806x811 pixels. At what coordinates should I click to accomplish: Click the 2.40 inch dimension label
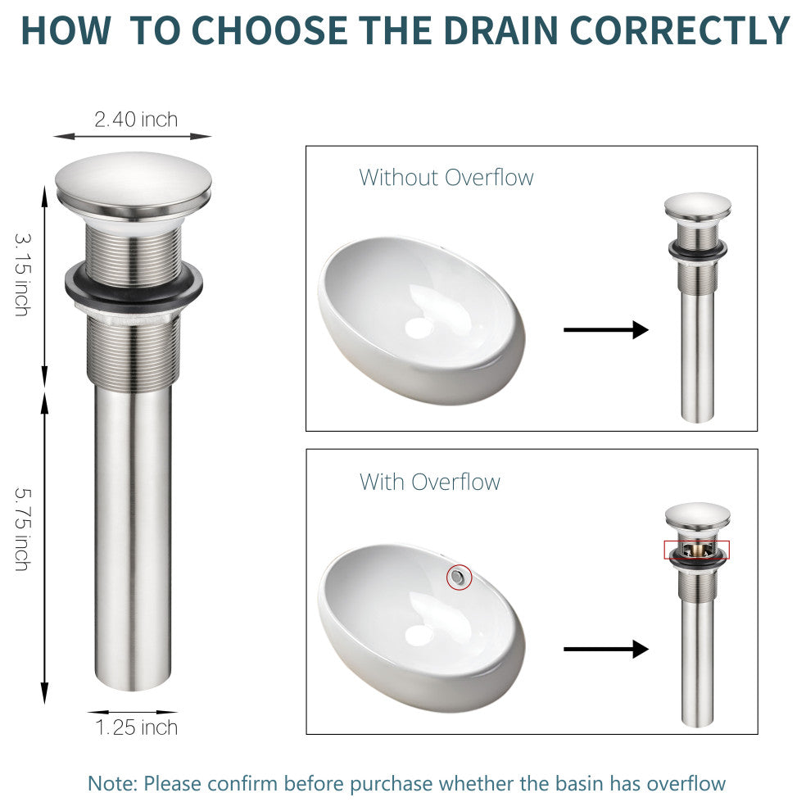[x=136, y=120]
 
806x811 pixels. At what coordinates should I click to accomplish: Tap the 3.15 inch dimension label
[x=23, y=274]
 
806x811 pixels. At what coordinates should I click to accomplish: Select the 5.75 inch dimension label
[x=23, y=528]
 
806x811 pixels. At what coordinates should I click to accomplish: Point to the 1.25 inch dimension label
[x=137, y=727]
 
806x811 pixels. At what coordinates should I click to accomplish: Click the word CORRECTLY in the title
[x=680, y=30]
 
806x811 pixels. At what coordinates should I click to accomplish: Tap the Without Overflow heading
[x=446, y=178]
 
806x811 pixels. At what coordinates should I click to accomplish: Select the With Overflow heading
[x=430, y=482]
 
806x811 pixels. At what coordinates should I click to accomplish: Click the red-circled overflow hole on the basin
[x=459, y=577]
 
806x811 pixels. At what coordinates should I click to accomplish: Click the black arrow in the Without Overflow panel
[x=606, y=329]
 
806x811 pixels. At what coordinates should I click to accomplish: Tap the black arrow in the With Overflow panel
[x=606, y=649]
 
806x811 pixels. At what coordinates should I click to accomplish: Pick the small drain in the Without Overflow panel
[x=697, y=308]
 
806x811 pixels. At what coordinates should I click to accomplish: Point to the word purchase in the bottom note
[x=391, y=784]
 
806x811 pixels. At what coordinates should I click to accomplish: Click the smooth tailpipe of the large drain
[x=133, y=538]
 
